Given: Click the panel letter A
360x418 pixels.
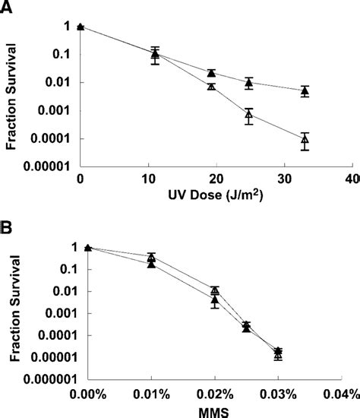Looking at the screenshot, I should click(7, 7).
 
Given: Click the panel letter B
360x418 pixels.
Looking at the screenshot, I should click(7, 228).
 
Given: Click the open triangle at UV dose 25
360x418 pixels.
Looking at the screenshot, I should click(248, 116).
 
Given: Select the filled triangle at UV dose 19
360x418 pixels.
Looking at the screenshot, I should click(211, 73).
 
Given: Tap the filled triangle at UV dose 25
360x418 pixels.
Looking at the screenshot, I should click(248, 82).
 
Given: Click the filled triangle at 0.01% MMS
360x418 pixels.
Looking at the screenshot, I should click(151, 264).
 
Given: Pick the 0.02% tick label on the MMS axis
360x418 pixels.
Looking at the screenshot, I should click(215, 393).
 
